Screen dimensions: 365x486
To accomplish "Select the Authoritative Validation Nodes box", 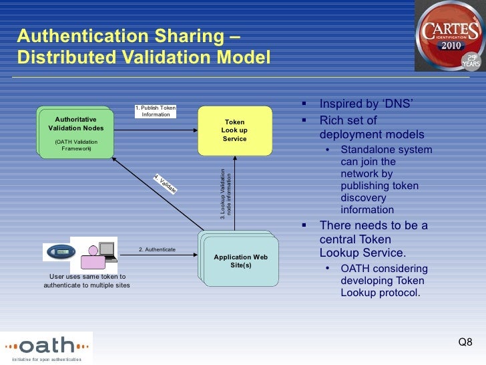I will [x=75, y=131].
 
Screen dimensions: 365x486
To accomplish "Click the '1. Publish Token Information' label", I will [x=156, y=110].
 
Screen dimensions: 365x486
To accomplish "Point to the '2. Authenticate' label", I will [x=157, y=249].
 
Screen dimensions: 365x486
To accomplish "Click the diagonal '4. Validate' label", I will [x=165, y=184].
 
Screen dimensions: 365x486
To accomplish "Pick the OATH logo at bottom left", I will [x=47, y=347].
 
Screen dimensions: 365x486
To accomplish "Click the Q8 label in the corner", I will [x=465, y=343].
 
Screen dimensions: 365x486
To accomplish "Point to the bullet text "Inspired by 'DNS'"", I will [x=367, y=104].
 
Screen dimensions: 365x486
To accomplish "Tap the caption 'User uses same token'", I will [x=87, y=276].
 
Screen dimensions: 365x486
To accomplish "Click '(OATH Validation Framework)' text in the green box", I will [x=75, y=145].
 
